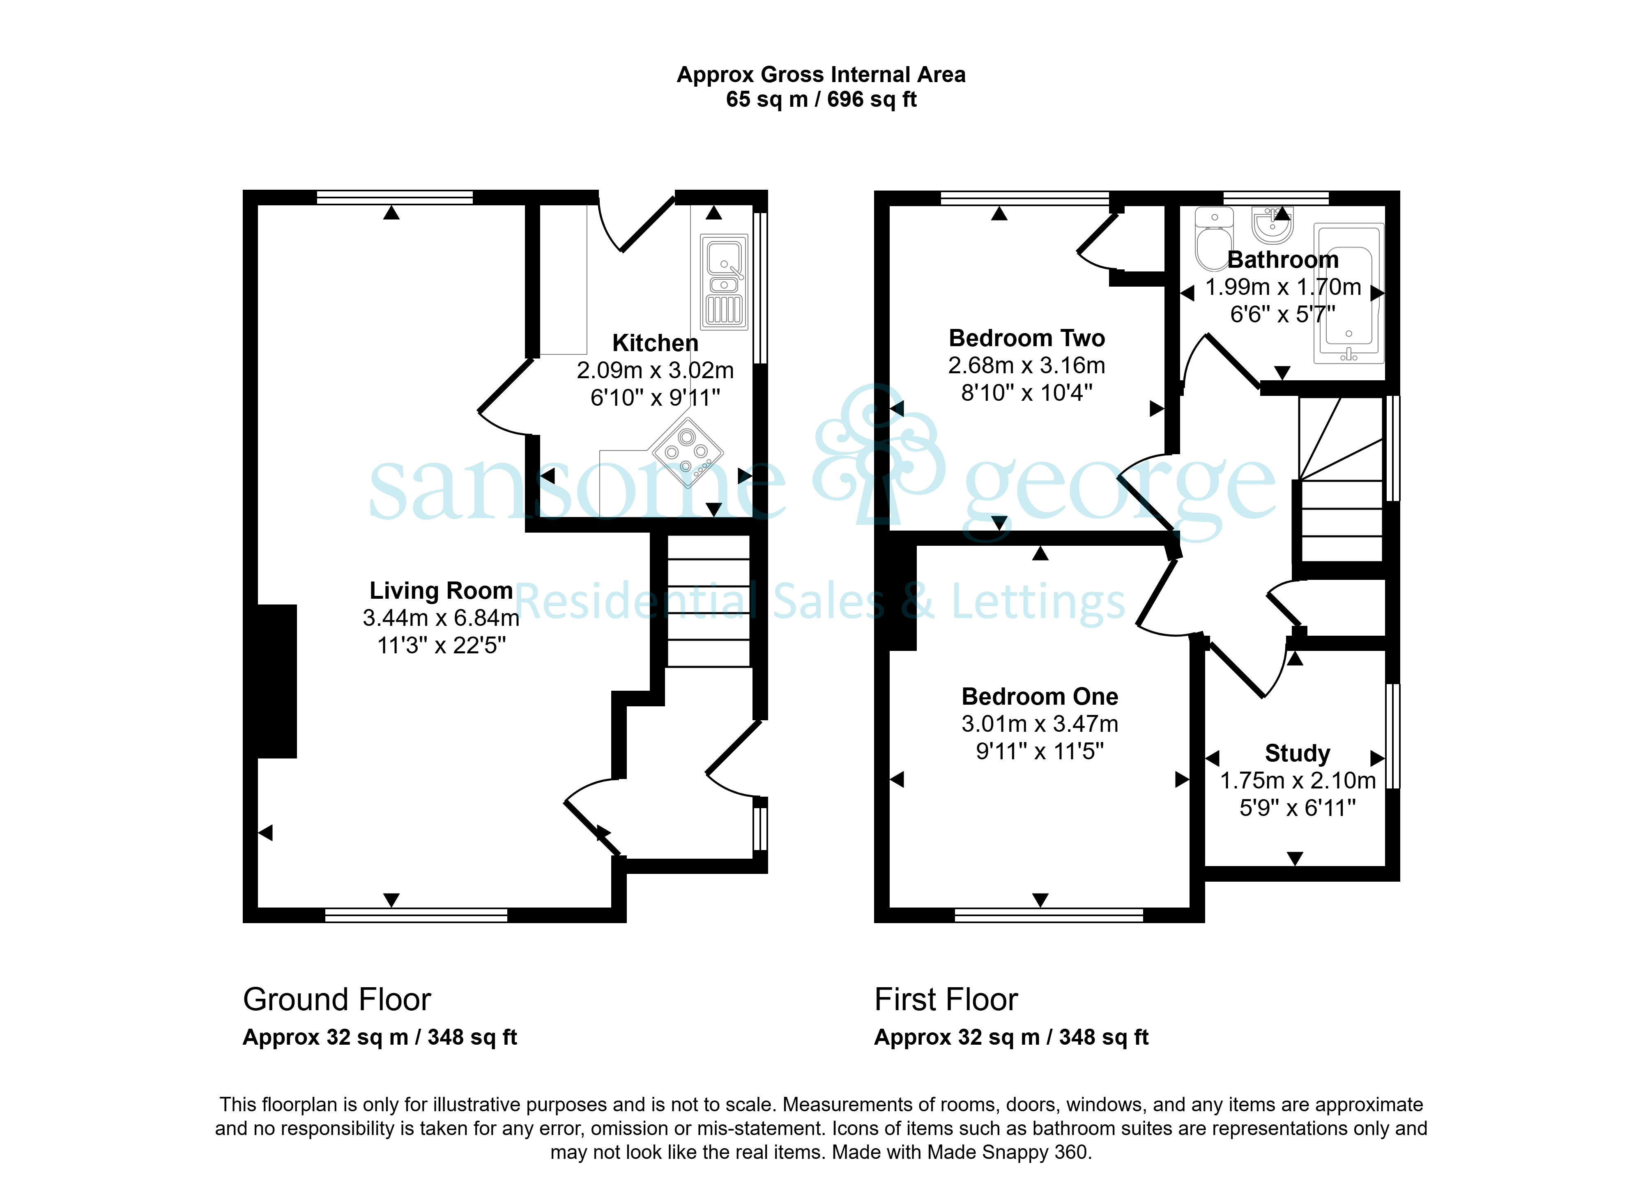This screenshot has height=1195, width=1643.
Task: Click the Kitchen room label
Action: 655,343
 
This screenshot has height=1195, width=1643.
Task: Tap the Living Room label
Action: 441,591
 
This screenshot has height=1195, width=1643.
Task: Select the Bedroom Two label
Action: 1026,338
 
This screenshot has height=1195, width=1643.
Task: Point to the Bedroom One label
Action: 1040,697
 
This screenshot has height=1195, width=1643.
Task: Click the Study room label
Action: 1298,754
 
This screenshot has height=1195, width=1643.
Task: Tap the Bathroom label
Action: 1283,260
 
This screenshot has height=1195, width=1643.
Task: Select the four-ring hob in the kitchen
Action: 688,453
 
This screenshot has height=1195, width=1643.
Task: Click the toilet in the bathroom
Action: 1213,239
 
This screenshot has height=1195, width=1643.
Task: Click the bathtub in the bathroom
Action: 1349,293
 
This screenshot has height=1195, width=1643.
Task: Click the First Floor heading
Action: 946,1000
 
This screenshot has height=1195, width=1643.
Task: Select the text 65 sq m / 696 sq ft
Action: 821,99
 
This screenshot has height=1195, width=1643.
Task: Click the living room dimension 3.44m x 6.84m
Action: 441,618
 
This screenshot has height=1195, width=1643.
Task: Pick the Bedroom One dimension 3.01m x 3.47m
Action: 1040,724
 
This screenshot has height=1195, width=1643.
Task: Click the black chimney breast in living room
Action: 277,682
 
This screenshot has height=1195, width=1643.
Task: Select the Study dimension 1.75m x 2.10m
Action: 1298,781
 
